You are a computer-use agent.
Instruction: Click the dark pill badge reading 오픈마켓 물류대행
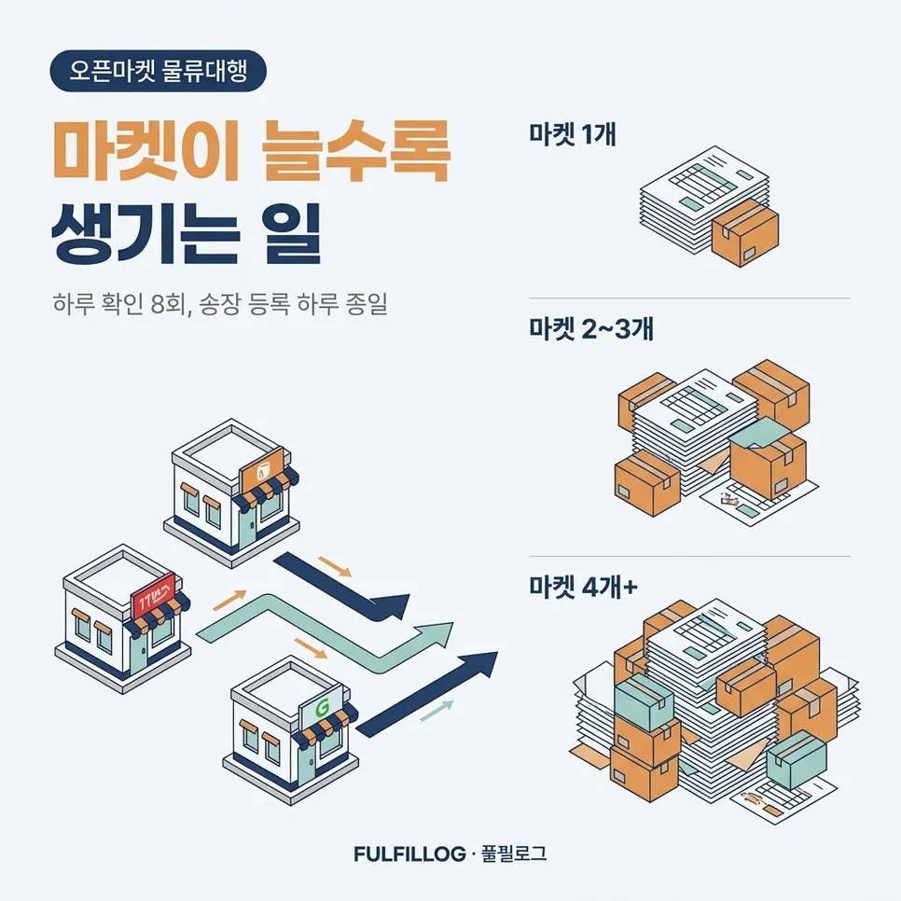[158, 71]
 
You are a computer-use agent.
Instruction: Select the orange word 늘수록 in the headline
[354, 151]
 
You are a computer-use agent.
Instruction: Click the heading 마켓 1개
[573, 135]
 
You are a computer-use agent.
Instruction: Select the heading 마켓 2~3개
[591, 329]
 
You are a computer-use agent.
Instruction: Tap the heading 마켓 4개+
[583, 588]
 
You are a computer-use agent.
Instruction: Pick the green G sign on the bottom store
[321, 709]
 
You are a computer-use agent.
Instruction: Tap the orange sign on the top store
[262, 470]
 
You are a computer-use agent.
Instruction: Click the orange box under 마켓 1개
[744, 232]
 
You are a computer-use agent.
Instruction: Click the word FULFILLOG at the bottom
[409, 853]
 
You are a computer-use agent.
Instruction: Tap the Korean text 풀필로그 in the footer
[514, 853]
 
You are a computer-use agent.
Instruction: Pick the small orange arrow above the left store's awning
[229, 600]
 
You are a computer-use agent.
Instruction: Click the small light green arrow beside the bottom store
[437, 711]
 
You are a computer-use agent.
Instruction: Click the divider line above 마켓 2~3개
[689, 298]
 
